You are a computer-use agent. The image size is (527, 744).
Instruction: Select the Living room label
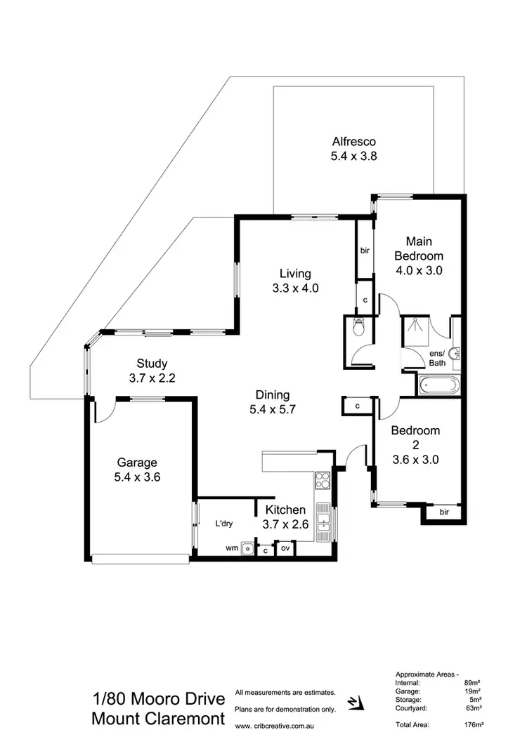[x=294, y=273]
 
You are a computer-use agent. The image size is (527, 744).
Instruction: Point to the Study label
[x=152, y=364]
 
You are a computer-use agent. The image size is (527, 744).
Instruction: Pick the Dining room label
[x=273, y=395]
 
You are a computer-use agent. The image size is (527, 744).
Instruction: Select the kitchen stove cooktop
[x=323, y=481]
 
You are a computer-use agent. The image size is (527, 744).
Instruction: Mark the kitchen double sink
[x=324, y=520]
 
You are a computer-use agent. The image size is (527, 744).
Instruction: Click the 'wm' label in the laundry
[x=230, y=547]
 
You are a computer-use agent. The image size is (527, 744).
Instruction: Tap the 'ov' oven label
[x=285, y=548]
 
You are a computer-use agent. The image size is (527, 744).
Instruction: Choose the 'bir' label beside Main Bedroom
[x=365, y=250]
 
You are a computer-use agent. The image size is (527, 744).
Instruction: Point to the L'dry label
[x=225, y=524]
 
